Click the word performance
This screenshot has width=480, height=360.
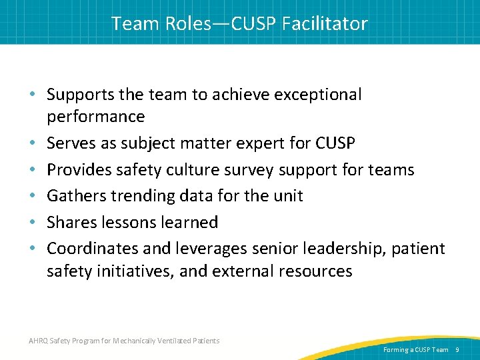point(95,117)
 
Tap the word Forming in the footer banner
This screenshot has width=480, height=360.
point(397,349)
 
